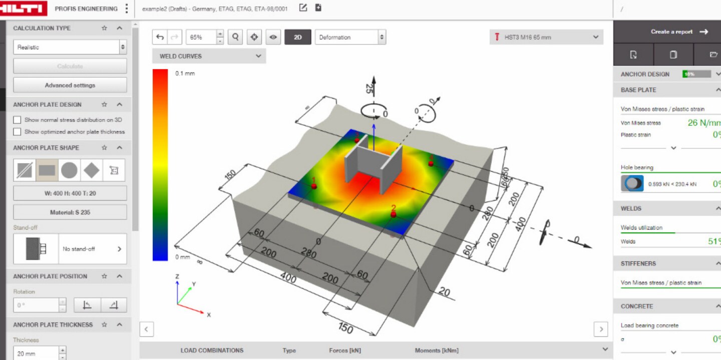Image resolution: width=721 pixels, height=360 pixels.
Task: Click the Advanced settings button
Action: (70, 85)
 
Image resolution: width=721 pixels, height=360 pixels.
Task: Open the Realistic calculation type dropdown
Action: (70, 47)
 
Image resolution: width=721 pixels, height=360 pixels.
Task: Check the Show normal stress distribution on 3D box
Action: (18, 120)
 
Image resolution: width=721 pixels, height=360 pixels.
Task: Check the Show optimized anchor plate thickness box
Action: (18, 132)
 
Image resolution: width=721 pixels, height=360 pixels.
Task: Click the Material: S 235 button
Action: (70, 212)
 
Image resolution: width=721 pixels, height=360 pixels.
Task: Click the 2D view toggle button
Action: (297, 37)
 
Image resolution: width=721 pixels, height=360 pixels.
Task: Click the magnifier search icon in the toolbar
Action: (235, 37)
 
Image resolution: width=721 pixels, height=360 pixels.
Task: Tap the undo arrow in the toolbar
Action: (160, 37)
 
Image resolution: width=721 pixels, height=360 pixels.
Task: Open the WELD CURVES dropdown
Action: (209, 56)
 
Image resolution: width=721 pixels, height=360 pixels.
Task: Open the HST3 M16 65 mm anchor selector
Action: (546, 37)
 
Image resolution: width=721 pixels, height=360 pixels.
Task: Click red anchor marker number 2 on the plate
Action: (394, 214)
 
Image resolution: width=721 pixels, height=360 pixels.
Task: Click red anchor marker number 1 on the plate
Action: (314, 186)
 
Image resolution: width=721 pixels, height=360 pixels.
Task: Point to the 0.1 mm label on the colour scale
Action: (185, 74)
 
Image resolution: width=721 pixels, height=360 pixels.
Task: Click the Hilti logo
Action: (24, 9)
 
